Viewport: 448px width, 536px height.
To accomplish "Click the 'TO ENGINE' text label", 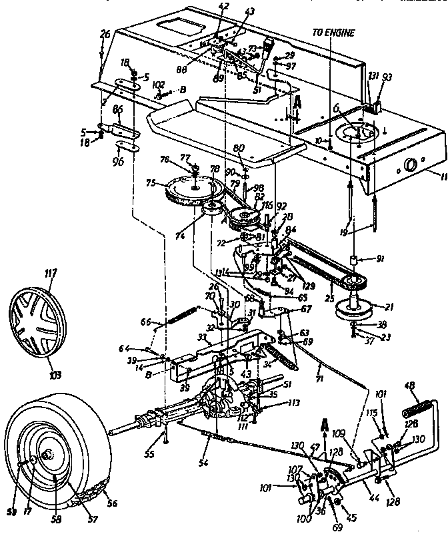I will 334,33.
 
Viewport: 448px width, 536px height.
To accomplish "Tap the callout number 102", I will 159,85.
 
